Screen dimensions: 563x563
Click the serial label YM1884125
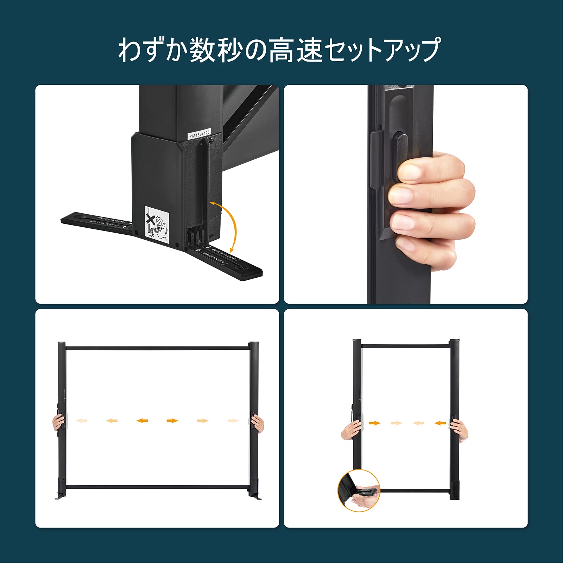click(x=200, y=134)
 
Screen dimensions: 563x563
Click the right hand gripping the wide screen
click(x=258, y=423)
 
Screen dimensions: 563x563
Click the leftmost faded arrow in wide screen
click(x=82, y=420)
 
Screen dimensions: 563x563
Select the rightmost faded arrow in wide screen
click(x=233, y=420)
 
